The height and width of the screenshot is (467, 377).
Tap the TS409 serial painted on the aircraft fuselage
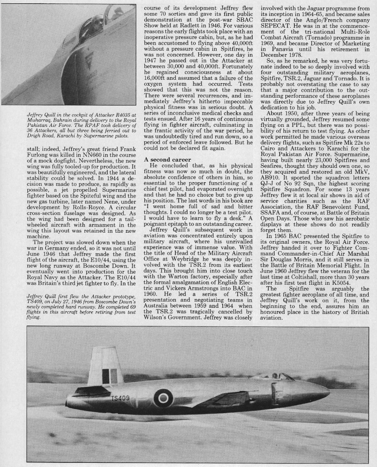[120, 398]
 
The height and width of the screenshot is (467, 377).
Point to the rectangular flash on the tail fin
[110, 375]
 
